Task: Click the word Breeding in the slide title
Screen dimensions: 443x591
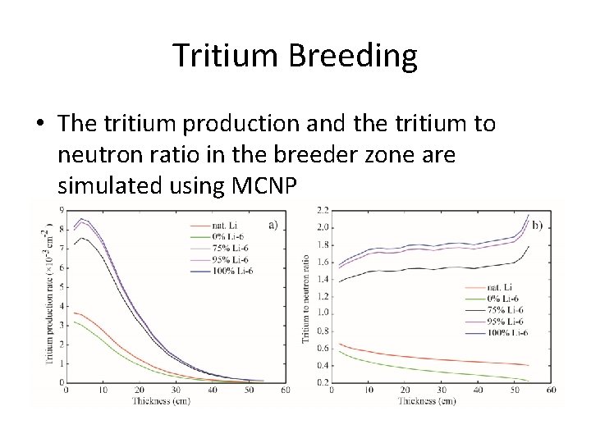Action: tap(355, 55)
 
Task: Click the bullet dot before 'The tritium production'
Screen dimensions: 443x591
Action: tap(41, 123)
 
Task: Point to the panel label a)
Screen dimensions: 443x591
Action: tap(273, 223)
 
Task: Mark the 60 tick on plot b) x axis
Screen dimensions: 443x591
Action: tap(551, 390)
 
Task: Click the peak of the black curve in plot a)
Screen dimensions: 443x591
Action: tap(80, 238)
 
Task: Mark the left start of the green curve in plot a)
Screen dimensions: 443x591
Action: tap(75, 322)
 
